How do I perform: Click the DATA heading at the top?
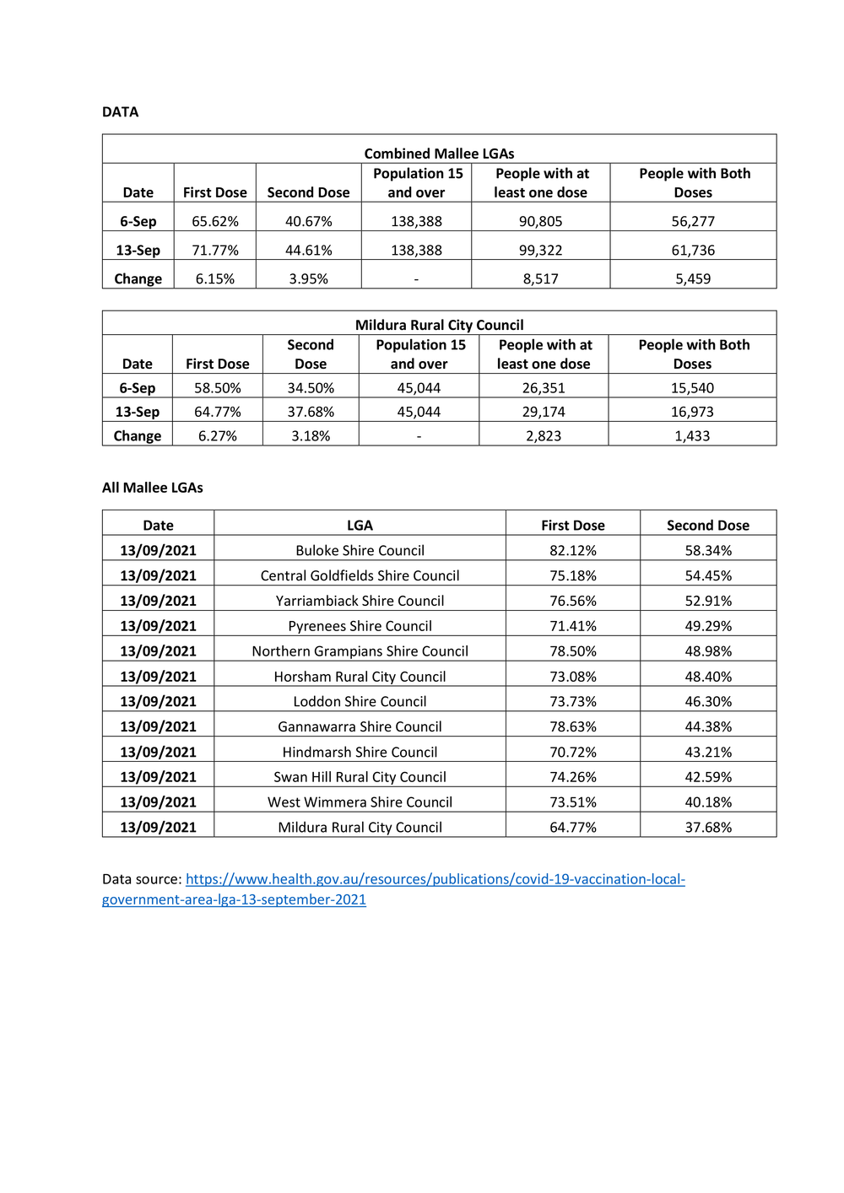click(120, 112)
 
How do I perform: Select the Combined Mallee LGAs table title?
click(439, 154)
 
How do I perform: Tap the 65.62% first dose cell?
click(215, 222)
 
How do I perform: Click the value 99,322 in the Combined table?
click(540, 251)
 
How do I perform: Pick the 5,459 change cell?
click(693, 279)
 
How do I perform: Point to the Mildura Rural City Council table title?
click(439, 325)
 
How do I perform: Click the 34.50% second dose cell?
click(311, 388)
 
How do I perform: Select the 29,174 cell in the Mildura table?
click(544, 412)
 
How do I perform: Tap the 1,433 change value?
click(692, 436)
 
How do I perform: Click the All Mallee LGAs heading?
click(153, 488)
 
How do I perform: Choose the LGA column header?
click(360, 526)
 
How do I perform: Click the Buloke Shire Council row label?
click(360, 551)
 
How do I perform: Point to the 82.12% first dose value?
click(573, 551)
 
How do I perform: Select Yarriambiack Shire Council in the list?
click(360, 601)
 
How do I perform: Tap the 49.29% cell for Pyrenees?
click(708, 626)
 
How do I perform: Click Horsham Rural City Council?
click(360, 677)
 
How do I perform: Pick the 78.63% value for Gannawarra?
click(573, 726)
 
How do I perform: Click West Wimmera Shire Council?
click(360, 802)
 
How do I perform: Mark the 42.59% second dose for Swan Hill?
click(708, 777)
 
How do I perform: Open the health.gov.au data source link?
click(435, 879)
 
